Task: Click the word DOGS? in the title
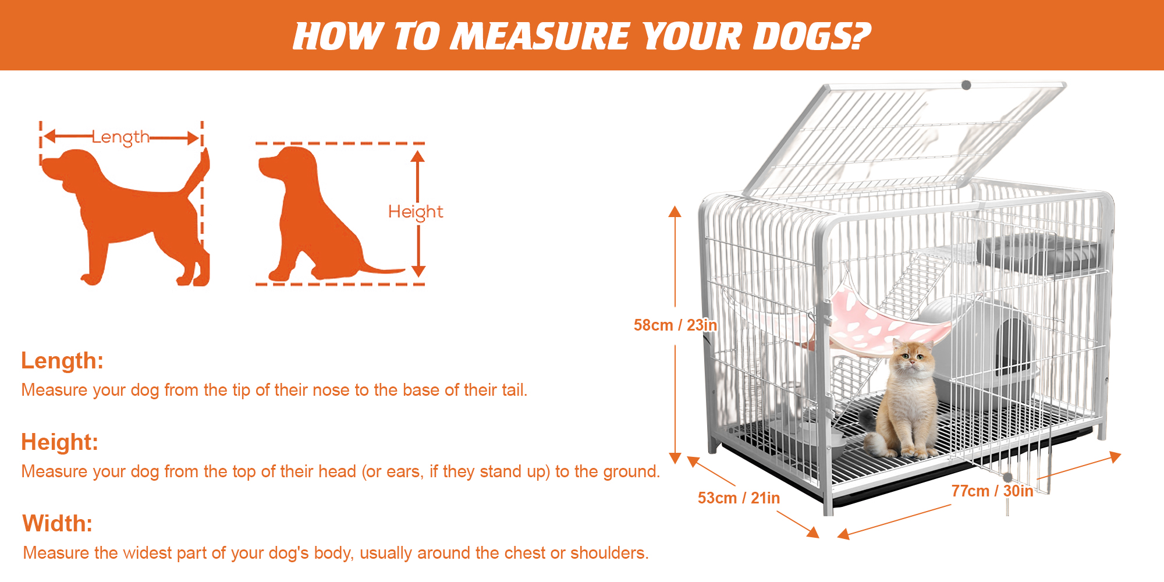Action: tap(811, 36)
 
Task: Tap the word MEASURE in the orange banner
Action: tap(541, 36)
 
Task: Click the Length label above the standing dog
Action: tap(121, 137)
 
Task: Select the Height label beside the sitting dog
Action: tap(416, 212)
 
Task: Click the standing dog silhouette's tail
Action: tap(198, 172)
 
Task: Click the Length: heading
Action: tap(62, 361)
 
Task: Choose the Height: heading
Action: tap(60, 442)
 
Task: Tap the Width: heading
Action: tap(58, 524)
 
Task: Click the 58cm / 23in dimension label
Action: tap(675, 325)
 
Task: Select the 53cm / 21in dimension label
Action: tap(739, 498)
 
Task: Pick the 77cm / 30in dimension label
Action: tap(992, 491)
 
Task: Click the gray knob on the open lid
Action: tap(966, 85)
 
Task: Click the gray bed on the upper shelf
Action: tap(1036, 253)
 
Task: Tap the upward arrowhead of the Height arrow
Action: tap(418, 156)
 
